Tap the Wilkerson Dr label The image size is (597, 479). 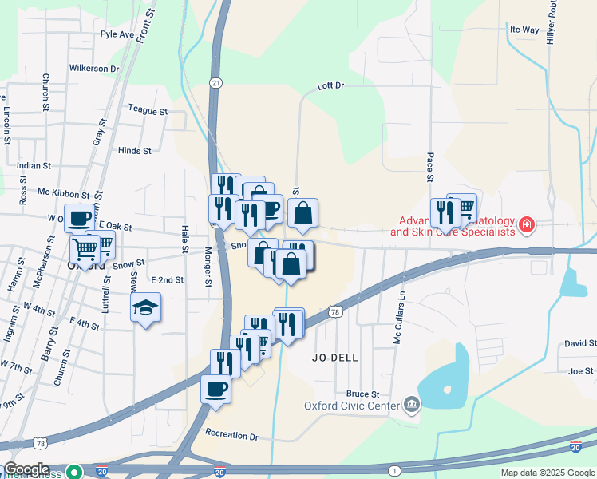point(94,69)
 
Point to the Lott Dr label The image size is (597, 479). point(330,85)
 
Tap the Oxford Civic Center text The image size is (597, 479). point(351,406)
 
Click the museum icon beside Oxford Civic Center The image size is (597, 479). point(411,405)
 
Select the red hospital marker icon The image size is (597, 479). point(525,225)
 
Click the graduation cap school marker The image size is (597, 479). point(146,307)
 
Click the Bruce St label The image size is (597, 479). point(362,394)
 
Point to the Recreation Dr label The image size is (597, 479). point(232,436)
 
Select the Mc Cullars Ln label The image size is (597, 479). point(398,318)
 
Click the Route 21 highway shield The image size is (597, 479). point(215,82)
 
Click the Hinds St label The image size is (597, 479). point(134,150)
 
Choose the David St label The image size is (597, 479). point(580,343)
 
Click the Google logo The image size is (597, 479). point(26,469)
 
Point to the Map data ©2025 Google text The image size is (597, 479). point(548,473)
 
